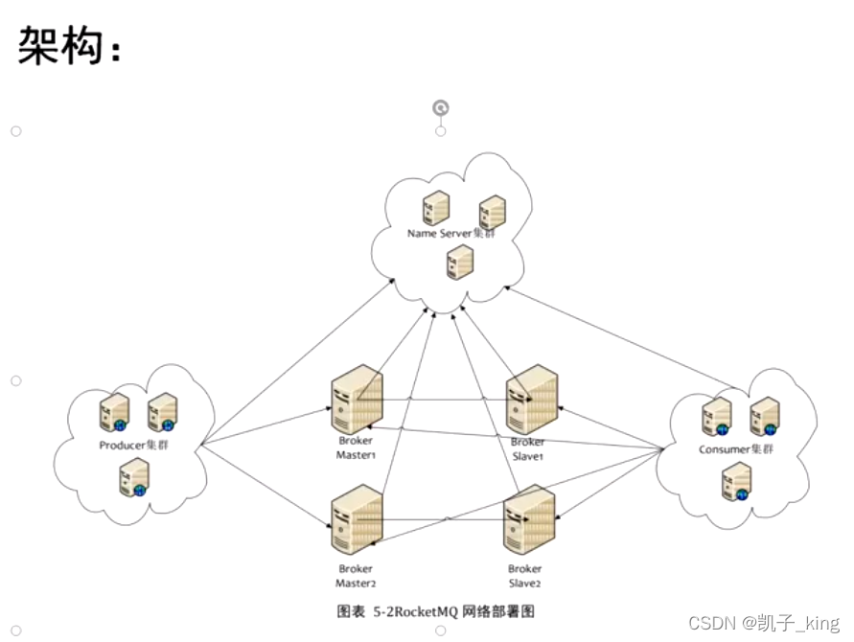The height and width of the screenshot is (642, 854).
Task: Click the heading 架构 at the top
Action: pos(67,45)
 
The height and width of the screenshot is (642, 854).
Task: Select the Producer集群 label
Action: pos(133,446)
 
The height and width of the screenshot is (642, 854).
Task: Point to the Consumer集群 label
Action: pos(735,449)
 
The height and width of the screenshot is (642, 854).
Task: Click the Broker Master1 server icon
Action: pos(356,401)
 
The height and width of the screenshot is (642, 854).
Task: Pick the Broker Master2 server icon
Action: pos(356,520)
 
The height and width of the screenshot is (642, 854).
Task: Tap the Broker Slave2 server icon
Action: pos(529,520)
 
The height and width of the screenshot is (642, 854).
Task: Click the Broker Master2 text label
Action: pos(355,576)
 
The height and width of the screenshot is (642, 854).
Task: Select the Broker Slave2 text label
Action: pos(525,576)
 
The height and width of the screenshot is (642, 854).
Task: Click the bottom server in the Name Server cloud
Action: pos(460,262)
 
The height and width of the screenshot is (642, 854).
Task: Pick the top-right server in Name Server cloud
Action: pos(492,212)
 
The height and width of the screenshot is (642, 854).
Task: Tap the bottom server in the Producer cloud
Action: pos(134,477)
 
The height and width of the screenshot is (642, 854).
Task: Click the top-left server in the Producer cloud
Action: pos(114,412)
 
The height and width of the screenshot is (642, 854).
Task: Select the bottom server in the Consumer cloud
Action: pos(735,481)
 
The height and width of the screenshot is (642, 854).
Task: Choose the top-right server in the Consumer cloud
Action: pos(764,416)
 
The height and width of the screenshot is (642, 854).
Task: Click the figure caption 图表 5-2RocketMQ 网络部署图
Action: pos(435,610)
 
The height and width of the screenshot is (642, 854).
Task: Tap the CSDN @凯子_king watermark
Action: pos(764,623)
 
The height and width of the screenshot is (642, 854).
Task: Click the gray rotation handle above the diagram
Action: pos(440,108)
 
